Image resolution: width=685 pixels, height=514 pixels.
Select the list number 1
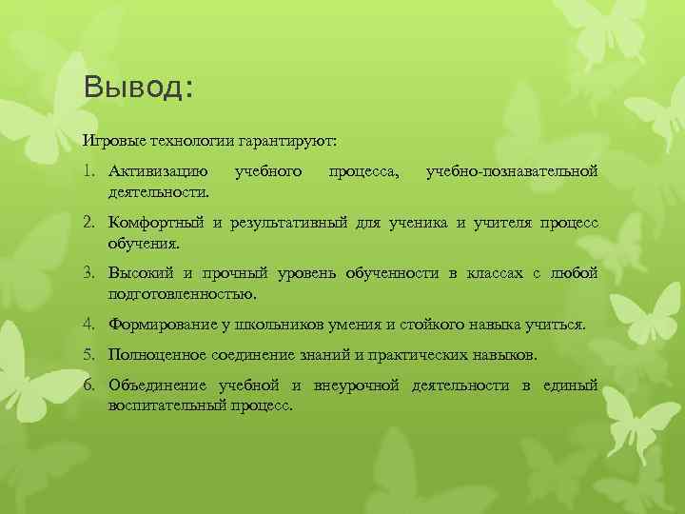(x=88, y=172)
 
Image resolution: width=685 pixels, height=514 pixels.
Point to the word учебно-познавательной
(x=512, y=172)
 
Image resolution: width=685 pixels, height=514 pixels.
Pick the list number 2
(x=88, y=223)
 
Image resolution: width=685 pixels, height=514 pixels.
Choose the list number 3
(x=88, y=274)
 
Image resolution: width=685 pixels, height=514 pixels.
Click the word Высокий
(x=141, y=274)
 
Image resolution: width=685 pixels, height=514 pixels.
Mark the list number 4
(x=88, y=325)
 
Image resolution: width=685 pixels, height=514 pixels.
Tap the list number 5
(x=88, y=355)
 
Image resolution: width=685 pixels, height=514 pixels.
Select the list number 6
(x=88, y=385)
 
